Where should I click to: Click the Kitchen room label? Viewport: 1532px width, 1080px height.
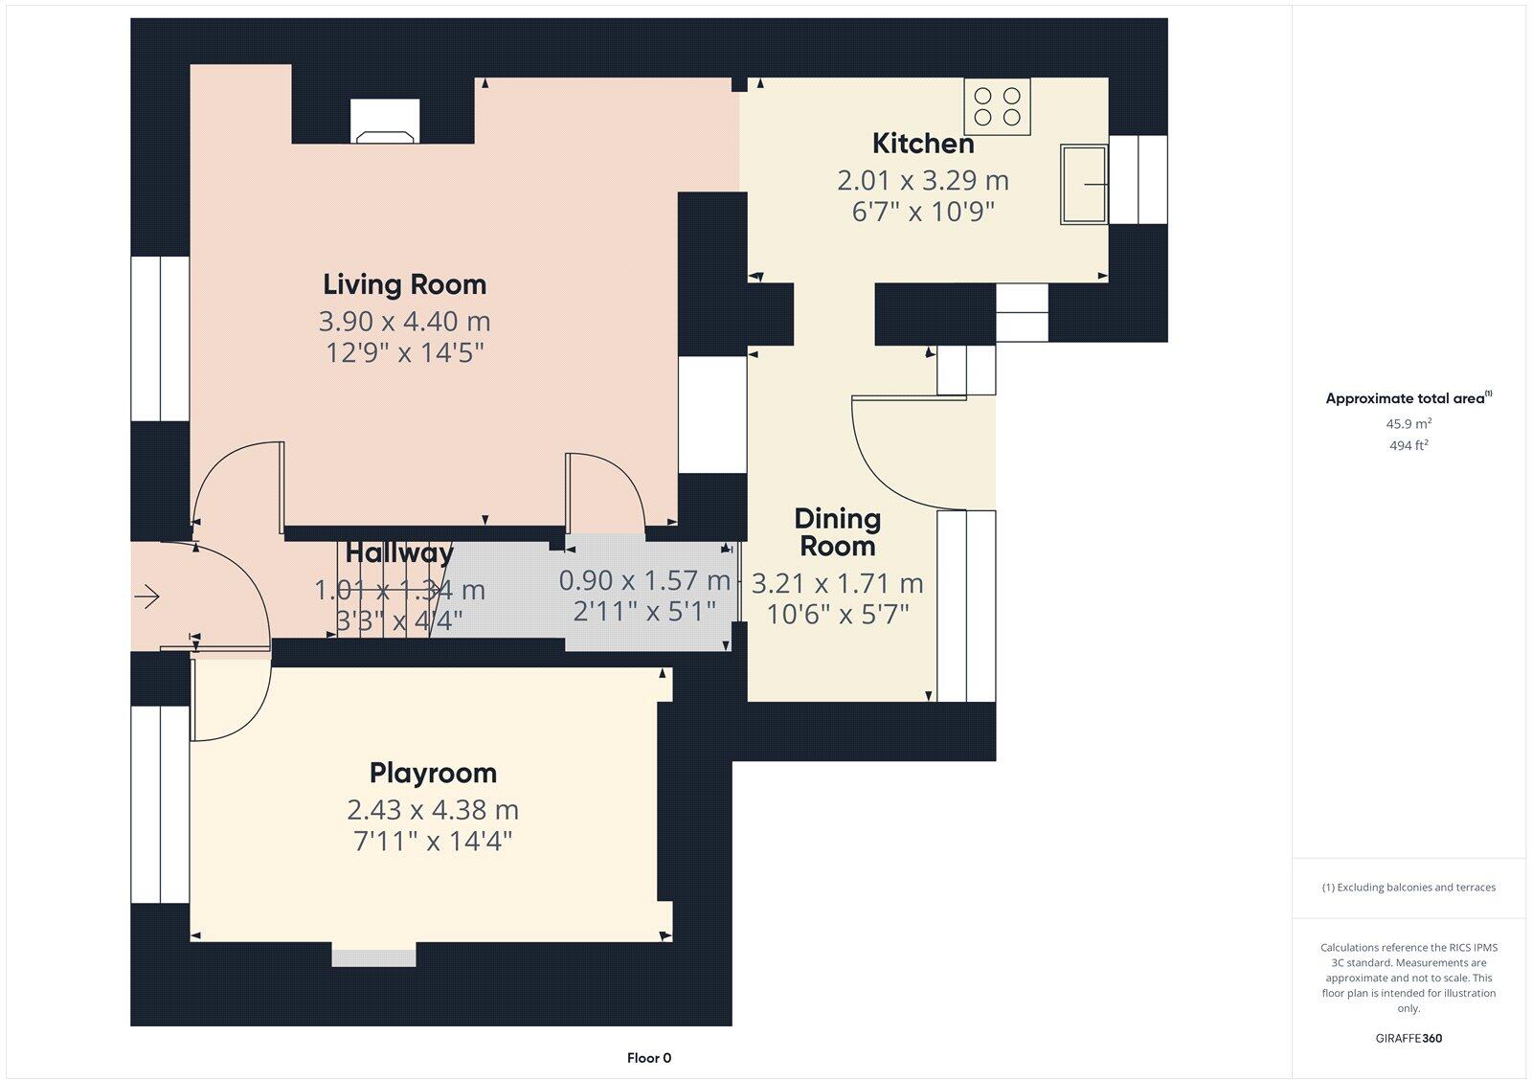tap(923, 144)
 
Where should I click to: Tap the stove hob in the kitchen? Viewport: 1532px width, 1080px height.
tap(997, 106)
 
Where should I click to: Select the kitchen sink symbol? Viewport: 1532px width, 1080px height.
tap(1083, 184)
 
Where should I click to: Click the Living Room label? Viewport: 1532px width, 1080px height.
tap(404, 284)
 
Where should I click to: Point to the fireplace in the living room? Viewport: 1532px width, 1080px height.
tap(385, 122)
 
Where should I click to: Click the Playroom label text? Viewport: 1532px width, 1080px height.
tap(433, 773)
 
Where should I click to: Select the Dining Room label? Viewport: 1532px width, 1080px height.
tap(837, 532)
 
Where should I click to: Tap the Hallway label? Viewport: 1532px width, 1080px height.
tap(399, 552)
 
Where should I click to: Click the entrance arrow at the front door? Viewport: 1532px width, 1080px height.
tap(146, 597)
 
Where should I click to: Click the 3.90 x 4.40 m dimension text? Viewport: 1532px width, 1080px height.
tap(404, 321)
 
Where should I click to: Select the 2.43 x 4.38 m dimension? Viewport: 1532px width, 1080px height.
tap(433, 810)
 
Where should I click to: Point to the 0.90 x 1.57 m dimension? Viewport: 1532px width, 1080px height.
tap(644, 580)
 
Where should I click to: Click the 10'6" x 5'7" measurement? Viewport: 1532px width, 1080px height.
tap(838, 613)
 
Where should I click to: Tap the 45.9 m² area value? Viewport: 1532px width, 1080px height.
tap(1408, 423)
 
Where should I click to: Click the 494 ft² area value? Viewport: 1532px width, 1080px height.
tap(1408, 445)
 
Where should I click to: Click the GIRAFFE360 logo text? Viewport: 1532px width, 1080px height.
tap(1408, 1038)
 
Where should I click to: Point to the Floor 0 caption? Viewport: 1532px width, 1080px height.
tap(649, 1058)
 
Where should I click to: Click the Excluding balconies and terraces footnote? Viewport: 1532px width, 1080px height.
tap(1408, 888)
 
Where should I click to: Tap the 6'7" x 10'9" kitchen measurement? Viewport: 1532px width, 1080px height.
tap(923, 212)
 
